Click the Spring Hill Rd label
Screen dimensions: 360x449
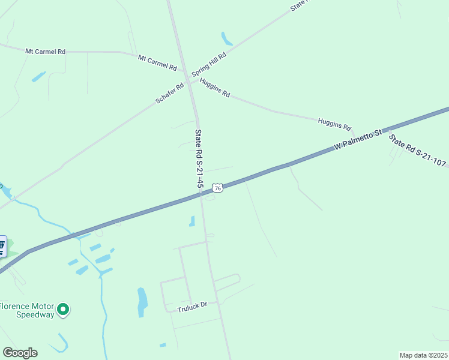209,65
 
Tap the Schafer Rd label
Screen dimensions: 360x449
169,94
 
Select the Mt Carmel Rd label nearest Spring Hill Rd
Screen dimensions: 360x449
157,63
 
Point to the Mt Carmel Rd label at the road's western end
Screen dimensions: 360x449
45,52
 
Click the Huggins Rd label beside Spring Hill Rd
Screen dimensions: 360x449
215,88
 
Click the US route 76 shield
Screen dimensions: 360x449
218,188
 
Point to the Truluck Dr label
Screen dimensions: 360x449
192,306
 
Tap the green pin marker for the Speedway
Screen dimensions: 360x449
63,310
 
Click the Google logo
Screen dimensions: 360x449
20,353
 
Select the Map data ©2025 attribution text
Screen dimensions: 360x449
423,355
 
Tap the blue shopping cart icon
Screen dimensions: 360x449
2,245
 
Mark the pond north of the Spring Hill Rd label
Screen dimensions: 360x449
226,39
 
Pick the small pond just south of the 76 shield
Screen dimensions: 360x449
192,221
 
